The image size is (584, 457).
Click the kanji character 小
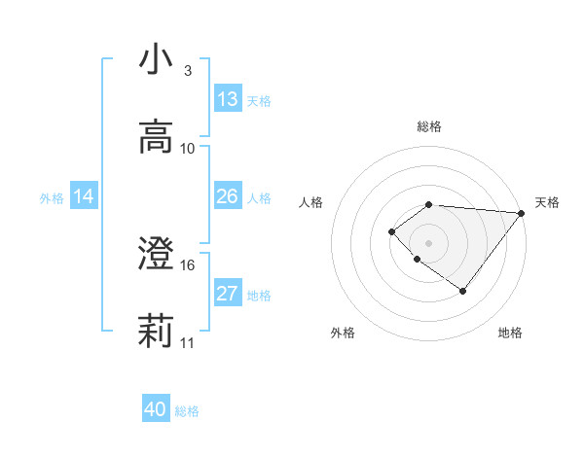click(155, 59)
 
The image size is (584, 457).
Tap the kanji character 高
click(155, 137)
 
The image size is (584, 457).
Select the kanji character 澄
click(155, 255)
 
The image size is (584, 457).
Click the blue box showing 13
click(228, 99)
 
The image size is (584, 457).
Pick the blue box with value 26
click(228, 196)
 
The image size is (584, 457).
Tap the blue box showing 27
click(228, 294)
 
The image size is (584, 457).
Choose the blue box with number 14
click(84, 196)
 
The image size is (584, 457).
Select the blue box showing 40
click(156, 409)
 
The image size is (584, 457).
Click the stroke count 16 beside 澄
click(188, 264)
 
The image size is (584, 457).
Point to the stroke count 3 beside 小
click(188, 70)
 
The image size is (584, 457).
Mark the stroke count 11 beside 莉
click(188, 342)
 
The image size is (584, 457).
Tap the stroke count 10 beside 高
click(188, 148)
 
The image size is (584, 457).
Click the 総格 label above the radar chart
click(429, 126)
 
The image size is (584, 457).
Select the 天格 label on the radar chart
click(547, 202)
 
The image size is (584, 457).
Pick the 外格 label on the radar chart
click(343, 333)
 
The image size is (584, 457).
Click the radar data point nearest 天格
click(521, 213)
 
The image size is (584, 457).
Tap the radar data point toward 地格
click(463, 291)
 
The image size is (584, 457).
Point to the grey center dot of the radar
click(428, 242)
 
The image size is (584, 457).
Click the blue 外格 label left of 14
click(52, 198)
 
